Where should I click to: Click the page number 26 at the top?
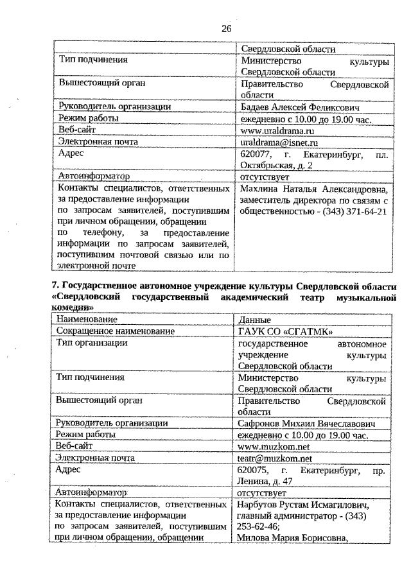pos(226,28)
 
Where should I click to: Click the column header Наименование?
pos(87,320)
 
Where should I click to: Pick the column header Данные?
pos(254,320)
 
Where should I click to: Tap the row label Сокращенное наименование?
pos(116,331)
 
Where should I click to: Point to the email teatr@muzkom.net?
pos(274,458)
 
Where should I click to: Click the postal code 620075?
pos(254,470)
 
